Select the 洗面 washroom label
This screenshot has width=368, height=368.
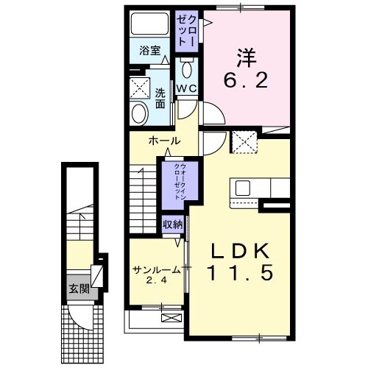pyautogui.click(x=160, y=98)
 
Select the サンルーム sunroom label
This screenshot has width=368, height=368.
pyautogui.click(x=156, y=269)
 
